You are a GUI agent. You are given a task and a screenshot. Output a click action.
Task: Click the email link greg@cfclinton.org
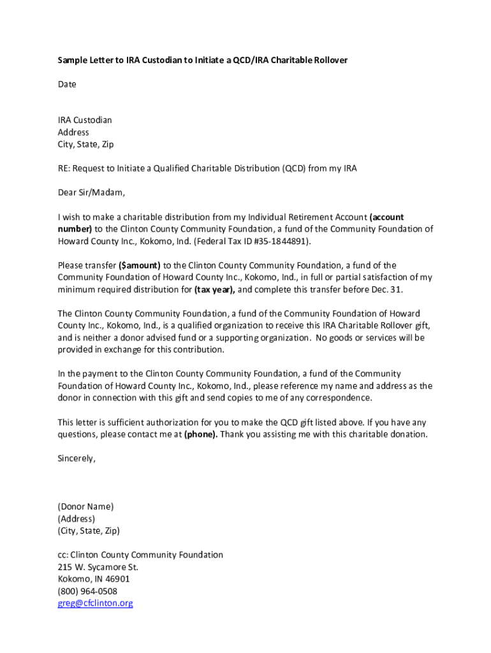[95, 603]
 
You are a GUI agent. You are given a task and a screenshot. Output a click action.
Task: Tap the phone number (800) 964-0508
[87, 591]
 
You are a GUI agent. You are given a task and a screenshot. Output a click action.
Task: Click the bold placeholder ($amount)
[140, 265]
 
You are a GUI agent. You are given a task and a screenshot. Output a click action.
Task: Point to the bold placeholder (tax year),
[214, 290]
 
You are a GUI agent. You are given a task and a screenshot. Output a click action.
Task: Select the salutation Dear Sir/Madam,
[91, 193]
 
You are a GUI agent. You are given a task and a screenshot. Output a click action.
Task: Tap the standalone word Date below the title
[67, 84]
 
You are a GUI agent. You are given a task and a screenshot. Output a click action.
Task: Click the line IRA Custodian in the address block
[85, 120]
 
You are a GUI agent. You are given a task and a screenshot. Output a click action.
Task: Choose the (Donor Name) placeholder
[85, 506]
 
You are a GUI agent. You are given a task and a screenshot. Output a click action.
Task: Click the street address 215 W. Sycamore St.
[98, 567]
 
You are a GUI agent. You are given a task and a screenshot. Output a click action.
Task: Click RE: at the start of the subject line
[64, 168]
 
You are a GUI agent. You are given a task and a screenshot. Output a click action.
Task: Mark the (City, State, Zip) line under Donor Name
[89, 531]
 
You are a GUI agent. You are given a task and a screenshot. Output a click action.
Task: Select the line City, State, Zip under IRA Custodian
[85, 144]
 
